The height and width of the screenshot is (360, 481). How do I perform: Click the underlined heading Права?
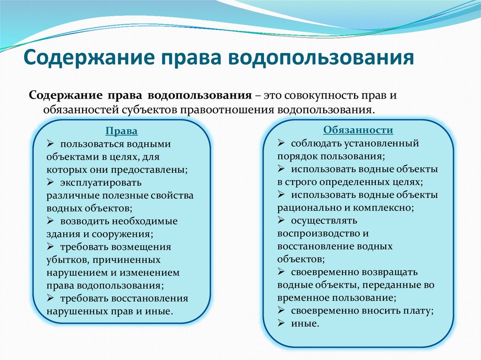[x=121, y=132]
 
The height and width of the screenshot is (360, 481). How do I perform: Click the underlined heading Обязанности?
[x=358, y=130]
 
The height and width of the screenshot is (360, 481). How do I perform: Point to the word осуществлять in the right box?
[x=324, y=220]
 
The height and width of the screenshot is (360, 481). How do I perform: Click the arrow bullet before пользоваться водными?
[x=51, y=144]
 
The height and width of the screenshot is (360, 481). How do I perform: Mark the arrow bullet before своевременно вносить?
[x=281, y=310]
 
